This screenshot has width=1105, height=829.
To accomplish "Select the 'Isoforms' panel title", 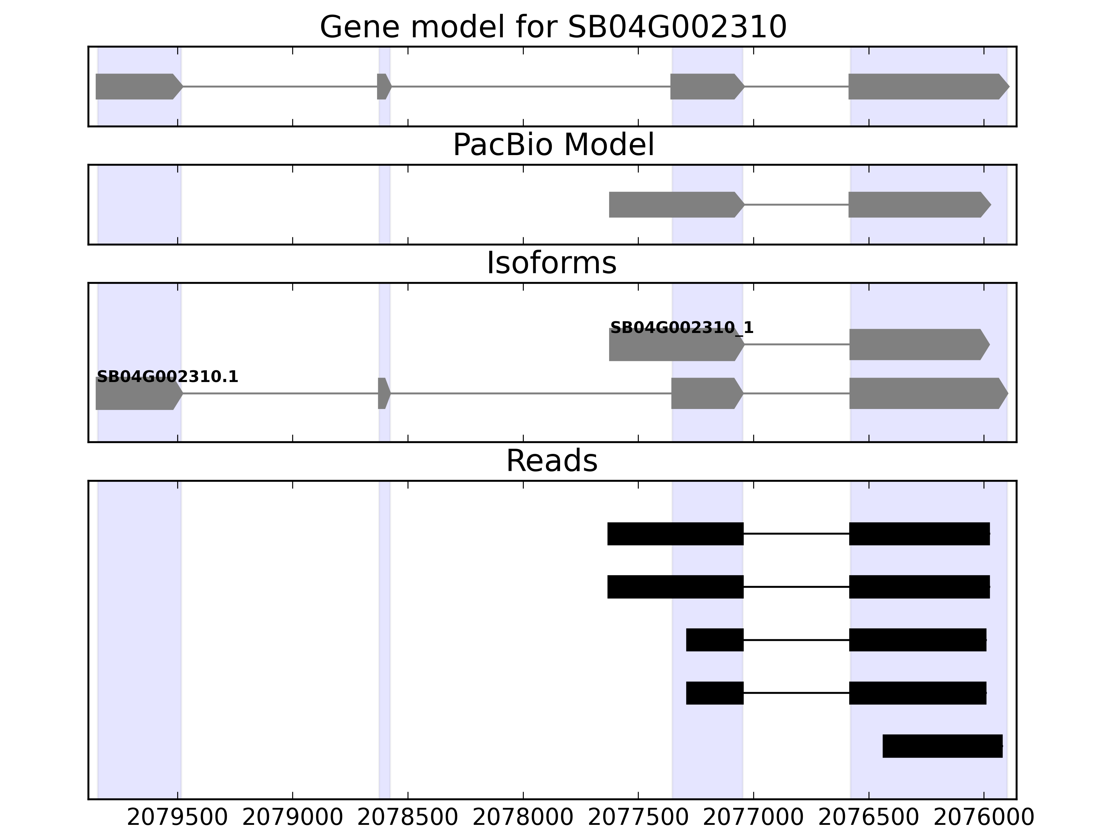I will click(x=551, y=263).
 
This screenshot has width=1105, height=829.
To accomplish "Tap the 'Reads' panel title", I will click(x=551, y=461).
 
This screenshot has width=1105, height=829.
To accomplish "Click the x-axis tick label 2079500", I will click(x=177, y=818).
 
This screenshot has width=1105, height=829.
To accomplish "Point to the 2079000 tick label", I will click(x=293, y=818).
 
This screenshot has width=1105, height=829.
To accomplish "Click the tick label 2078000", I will click(x=523, y=818).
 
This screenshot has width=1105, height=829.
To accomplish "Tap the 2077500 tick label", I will click(x=638, y=818).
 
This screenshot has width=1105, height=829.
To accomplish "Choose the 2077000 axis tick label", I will click(x=753, y=818).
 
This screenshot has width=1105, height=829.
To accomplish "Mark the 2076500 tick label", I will click(x=869, y=818).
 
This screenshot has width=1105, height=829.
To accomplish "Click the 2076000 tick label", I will click(x=983, y=818).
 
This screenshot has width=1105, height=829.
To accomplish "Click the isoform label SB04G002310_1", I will click(x=682, y=328).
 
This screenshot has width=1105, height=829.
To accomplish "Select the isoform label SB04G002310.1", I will click(x=167, y=377).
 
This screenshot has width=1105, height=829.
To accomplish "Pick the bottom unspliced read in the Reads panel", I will click(x=942, y=746).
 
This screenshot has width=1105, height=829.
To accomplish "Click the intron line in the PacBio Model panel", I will click(x=797, y=204).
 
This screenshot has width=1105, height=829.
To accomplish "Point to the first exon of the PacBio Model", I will click(x=674, y=204).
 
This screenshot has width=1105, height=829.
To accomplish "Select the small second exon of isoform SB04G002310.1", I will click(x=383, y=393).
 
